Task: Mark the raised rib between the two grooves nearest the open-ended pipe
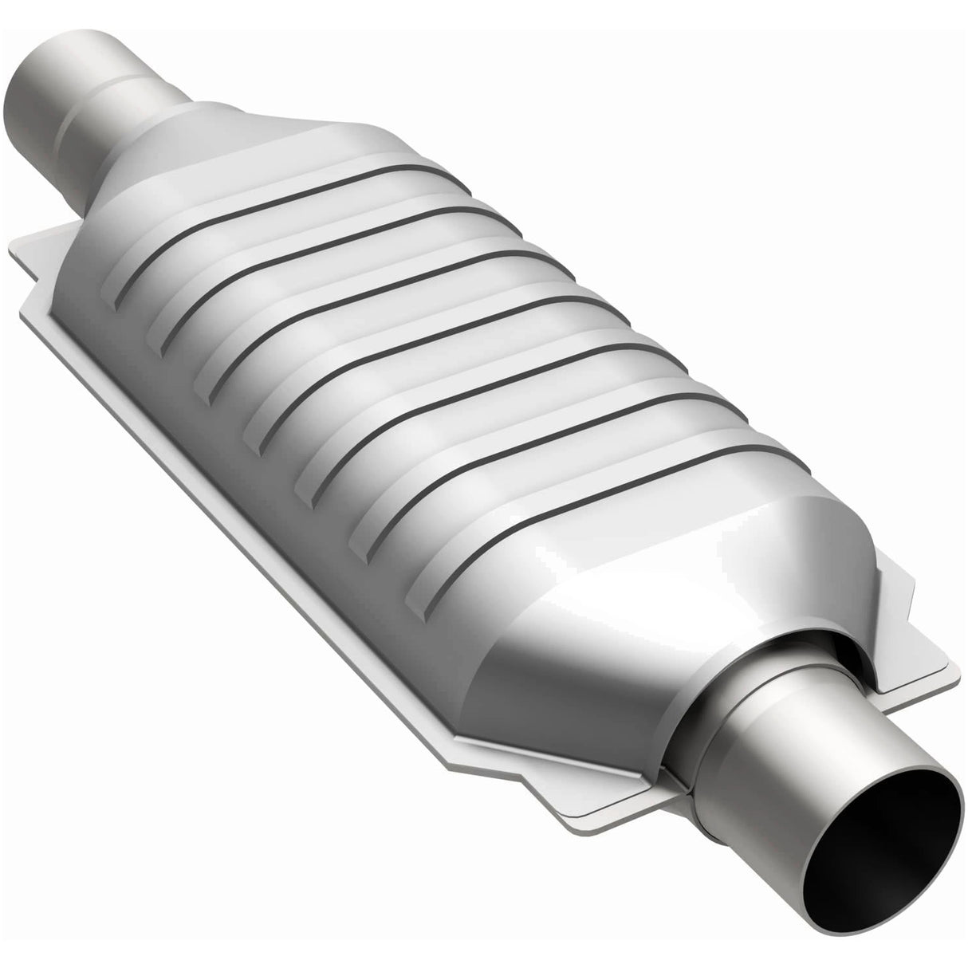[x=510, y=454]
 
